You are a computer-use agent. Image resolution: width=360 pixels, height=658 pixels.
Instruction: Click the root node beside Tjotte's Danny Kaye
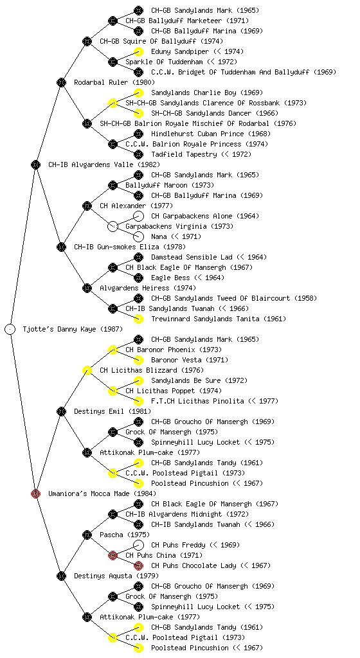click(x=10, y=329)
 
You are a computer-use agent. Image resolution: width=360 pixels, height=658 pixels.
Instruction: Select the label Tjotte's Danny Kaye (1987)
click(x=73, y=329)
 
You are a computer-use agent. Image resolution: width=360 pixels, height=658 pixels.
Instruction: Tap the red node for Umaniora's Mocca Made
click(x=35, y=493)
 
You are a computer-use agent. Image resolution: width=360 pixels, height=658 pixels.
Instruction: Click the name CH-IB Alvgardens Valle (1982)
click(x=104, y=164)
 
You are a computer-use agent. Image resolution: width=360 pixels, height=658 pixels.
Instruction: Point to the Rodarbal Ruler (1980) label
click(x=114, y=82)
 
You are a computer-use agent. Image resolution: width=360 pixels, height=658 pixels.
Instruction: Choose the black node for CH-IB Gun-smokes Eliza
click(x=61, y=247)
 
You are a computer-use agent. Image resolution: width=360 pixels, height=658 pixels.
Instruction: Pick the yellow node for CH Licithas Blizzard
click(x=87, y=370)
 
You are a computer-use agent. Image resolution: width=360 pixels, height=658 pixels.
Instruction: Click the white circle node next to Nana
click(x=138, y=236)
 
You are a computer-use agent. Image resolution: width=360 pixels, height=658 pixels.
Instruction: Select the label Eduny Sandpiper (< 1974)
click(x=197, y=51)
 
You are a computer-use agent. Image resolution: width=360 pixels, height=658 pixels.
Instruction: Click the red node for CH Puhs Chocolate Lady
click(x=138, y=565)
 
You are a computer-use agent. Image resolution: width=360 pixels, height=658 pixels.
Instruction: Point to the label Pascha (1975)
click(x=125, y=535)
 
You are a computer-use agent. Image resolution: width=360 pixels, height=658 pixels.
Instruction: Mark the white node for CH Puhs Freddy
click(x=138, y=545)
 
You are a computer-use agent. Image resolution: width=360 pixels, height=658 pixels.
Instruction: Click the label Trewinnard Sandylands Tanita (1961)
click(x=219, y=319)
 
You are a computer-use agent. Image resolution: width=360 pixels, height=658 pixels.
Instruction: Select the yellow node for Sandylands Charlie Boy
click(x=138, y=93)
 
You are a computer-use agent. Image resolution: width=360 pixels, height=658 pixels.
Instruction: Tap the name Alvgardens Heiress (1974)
click(x=148, y=288)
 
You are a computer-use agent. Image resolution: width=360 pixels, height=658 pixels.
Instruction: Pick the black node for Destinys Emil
click(x=61, y=411)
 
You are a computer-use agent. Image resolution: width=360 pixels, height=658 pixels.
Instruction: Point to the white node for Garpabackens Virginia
click(x=113, y=226)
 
